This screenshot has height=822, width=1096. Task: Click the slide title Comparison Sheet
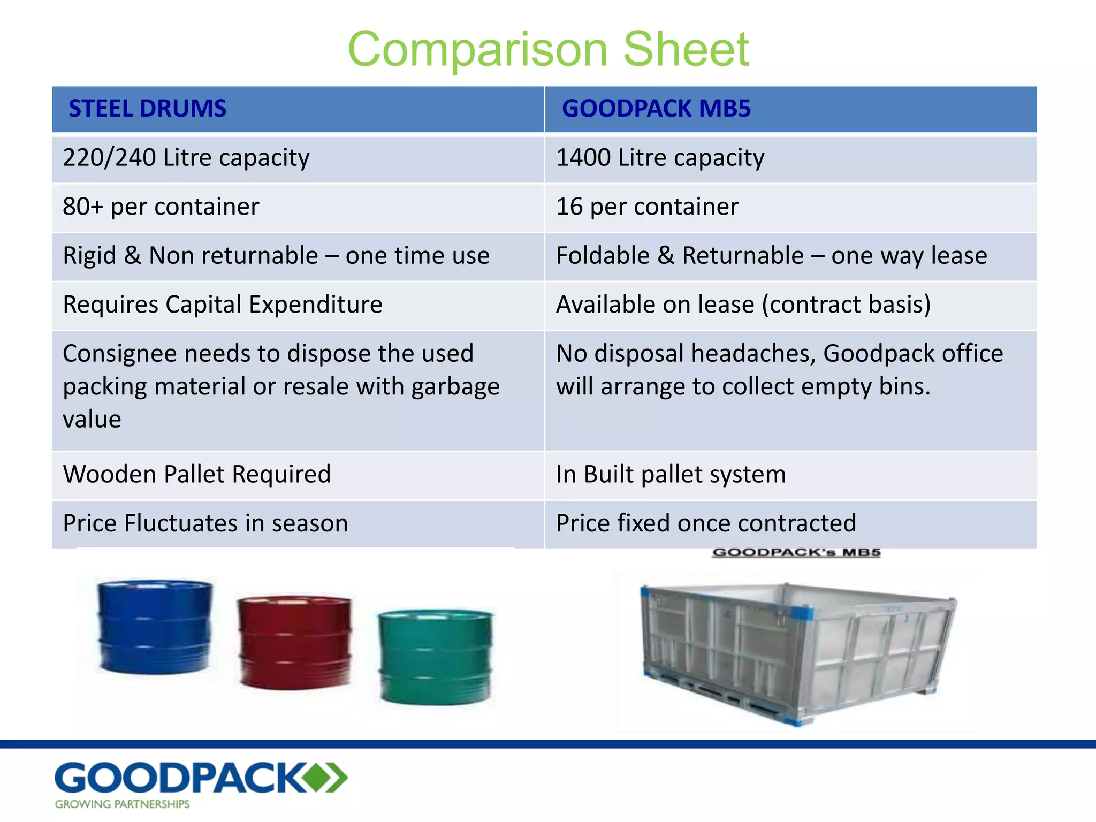pos(548,49)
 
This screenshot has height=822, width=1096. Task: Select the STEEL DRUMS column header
pos(147,109)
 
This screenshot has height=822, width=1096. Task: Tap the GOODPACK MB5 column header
pos(656,109)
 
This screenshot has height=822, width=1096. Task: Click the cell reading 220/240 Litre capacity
pos(186,158)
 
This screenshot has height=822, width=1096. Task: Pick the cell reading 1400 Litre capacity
pos(660,158)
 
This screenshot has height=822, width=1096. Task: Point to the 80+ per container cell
pos(161,207)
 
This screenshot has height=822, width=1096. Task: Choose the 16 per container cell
pos(647,207)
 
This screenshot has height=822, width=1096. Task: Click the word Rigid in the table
pos(89,256)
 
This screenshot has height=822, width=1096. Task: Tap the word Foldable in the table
pos(603,256)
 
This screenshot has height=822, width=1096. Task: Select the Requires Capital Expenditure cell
pos(223,305)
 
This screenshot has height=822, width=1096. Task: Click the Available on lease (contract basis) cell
pos(743,305)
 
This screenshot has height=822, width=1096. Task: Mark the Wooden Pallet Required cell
pos(197,474)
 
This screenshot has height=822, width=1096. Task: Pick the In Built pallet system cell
pos(671,474)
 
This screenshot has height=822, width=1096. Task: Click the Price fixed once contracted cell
pos(706,523)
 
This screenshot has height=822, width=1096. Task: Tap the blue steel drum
pos(155,626)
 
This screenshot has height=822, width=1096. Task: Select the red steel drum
pos(295,642)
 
